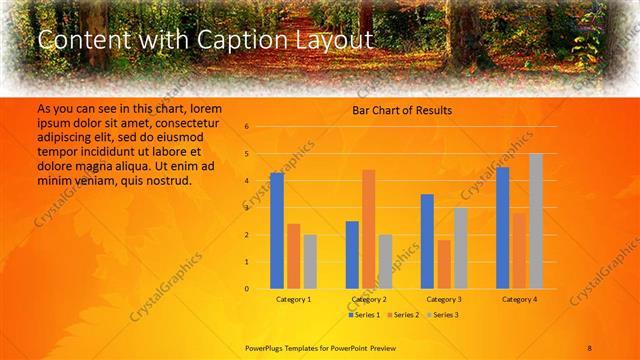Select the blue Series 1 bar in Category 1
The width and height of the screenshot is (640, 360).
pos(277,231)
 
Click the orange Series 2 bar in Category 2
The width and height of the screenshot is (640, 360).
pos(368,229)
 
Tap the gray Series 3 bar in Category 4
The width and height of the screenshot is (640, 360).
pos(536,221)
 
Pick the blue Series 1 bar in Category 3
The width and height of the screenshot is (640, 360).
pos(427,241)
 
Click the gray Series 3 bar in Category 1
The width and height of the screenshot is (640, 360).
pos(310,262)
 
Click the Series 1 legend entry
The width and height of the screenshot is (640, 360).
pos(365,315)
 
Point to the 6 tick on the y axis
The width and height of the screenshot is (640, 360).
pos(246,127)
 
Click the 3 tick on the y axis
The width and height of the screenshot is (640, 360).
pos(246,208)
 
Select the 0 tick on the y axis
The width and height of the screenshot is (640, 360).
pos(246,289)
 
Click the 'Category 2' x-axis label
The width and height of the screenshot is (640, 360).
pos(369,299)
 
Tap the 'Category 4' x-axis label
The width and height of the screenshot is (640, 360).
pos(519,299)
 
